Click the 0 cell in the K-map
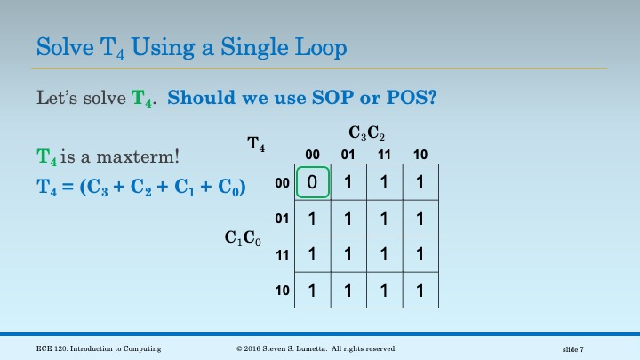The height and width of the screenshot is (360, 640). point(313,181)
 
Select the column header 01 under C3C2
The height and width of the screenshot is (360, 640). point(348,155)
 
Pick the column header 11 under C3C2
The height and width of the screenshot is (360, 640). point(385,155)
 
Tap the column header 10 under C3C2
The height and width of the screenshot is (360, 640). point(420,155)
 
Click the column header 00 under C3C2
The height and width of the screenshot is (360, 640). point(312,155)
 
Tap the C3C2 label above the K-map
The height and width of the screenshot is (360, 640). point(366,134)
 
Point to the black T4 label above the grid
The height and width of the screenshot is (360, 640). point(255,142)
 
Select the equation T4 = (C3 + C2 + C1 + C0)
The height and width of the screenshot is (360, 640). point(141,188)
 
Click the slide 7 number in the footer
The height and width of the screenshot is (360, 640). point(578,348)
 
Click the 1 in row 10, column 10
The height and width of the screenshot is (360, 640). point(420,291)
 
